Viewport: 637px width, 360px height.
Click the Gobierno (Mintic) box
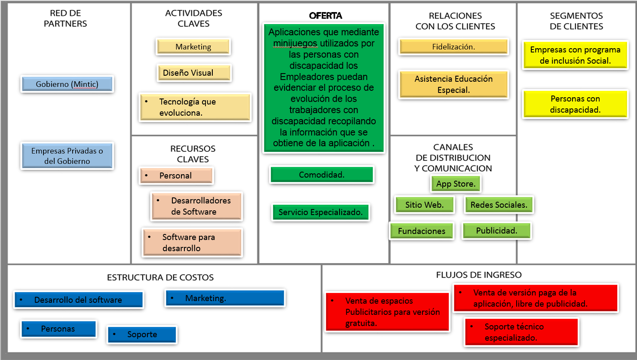click(x=67, y=84)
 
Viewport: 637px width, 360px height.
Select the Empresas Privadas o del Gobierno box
click(x=67, y=156)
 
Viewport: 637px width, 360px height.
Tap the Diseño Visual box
click(x=194, y=73)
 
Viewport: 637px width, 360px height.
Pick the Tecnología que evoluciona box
click(x=195, y=107)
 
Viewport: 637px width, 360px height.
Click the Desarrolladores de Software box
click(x=196, y=206)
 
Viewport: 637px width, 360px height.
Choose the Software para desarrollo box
click(x=192, y=243)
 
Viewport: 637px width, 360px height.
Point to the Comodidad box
click(x=322, y=175)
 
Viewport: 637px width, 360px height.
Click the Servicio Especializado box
click(x=321, y=212)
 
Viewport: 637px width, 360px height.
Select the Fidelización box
click(x=453, y=47)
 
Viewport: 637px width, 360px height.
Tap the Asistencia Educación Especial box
click(x=453, y=84)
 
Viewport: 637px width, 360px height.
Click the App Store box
click(x=456, y=184)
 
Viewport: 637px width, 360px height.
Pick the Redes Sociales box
click(x=499, y=205)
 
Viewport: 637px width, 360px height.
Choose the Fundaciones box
click(x=422, y=231)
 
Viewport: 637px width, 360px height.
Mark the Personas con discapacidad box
click(x=575, y=104)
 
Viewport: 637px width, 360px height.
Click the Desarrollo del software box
click(x=79, y=300)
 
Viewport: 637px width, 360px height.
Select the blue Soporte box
click(x=142, y=334)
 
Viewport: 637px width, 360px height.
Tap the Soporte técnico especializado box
click(x=521, y=332)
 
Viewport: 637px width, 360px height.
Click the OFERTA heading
click(x=326, y=15)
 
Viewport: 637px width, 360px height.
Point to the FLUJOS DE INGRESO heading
click(x=479, y=275)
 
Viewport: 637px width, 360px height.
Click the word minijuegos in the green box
click(x=295, y=43)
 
